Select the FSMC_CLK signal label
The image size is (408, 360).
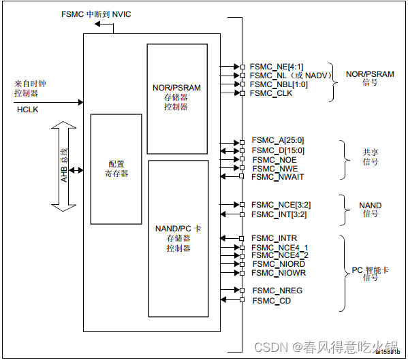pos(271,93)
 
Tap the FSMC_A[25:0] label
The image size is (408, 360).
pos(277,141)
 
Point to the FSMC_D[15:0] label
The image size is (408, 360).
pos(277,150)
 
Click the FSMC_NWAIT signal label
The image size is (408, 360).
pos(277,177)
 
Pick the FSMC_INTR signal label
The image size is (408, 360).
pos(273,238)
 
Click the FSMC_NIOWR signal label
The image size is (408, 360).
pos(279,273)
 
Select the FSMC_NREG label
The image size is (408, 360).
pos(277,291)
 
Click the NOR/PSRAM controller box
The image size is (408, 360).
pos(176,97)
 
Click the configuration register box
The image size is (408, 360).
pos(116,169)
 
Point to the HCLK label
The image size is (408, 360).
pos(28,109)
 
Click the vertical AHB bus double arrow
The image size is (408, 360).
pos(64,166)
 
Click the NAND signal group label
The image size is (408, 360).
pos(370,210)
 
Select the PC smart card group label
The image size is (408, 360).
pos(370,274)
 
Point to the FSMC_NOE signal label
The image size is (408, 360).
pos(274,159)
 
